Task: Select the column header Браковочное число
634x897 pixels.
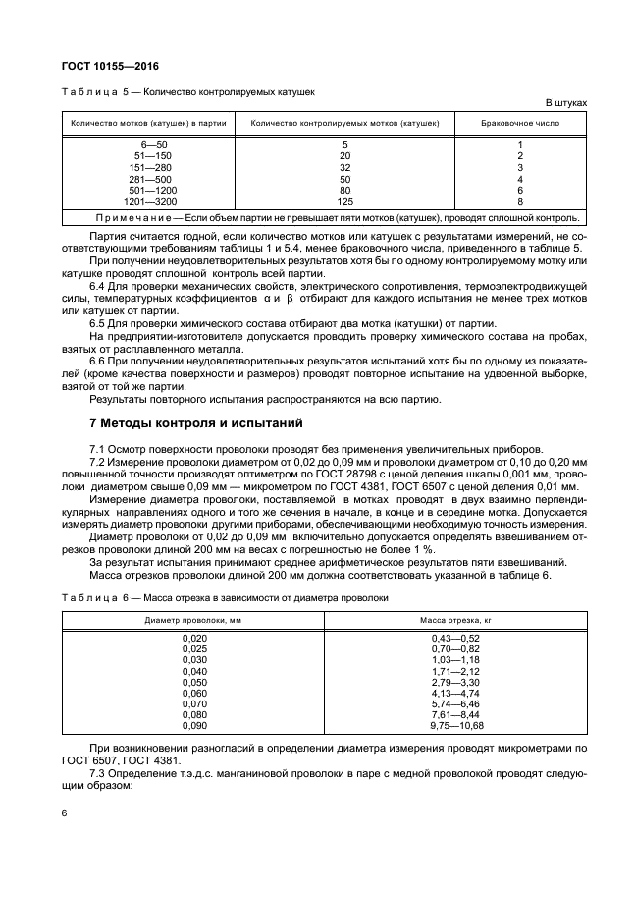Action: point(519,123)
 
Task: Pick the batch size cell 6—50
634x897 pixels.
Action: point(158,145)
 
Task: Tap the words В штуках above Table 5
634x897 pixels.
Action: point(566,103)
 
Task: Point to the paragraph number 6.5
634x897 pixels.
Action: point(100,323)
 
